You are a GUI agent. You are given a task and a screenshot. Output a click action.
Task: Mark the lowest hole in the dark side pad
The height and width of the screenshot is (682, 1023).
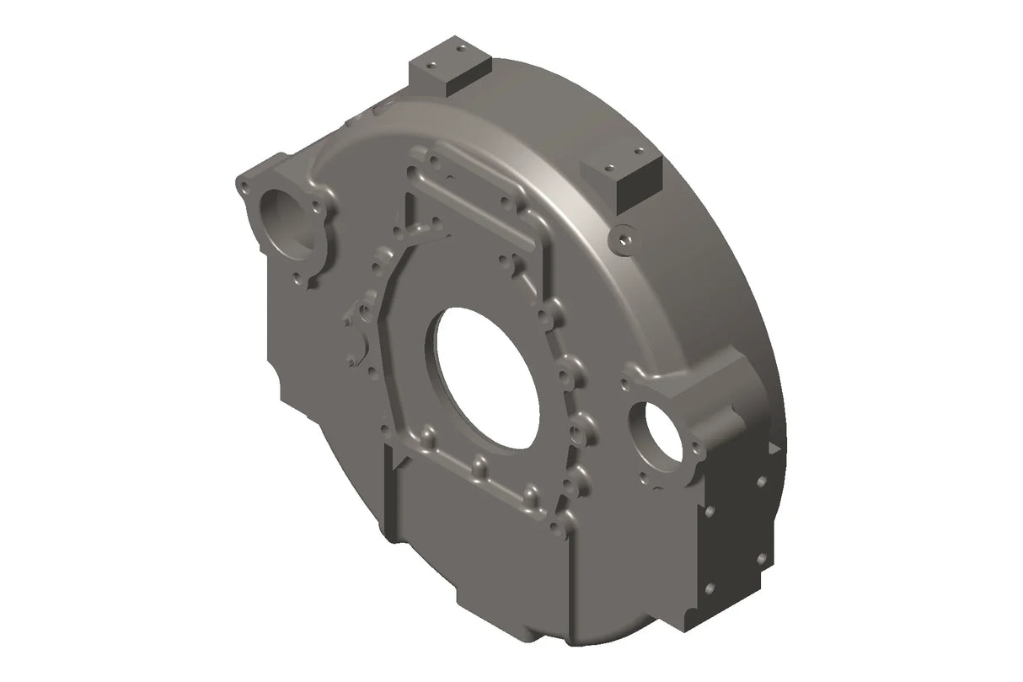(710, 588)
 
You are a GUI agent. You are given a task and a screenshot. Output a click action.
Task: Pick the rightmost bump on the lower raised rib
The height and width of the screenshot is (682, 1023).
(531, 492)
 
